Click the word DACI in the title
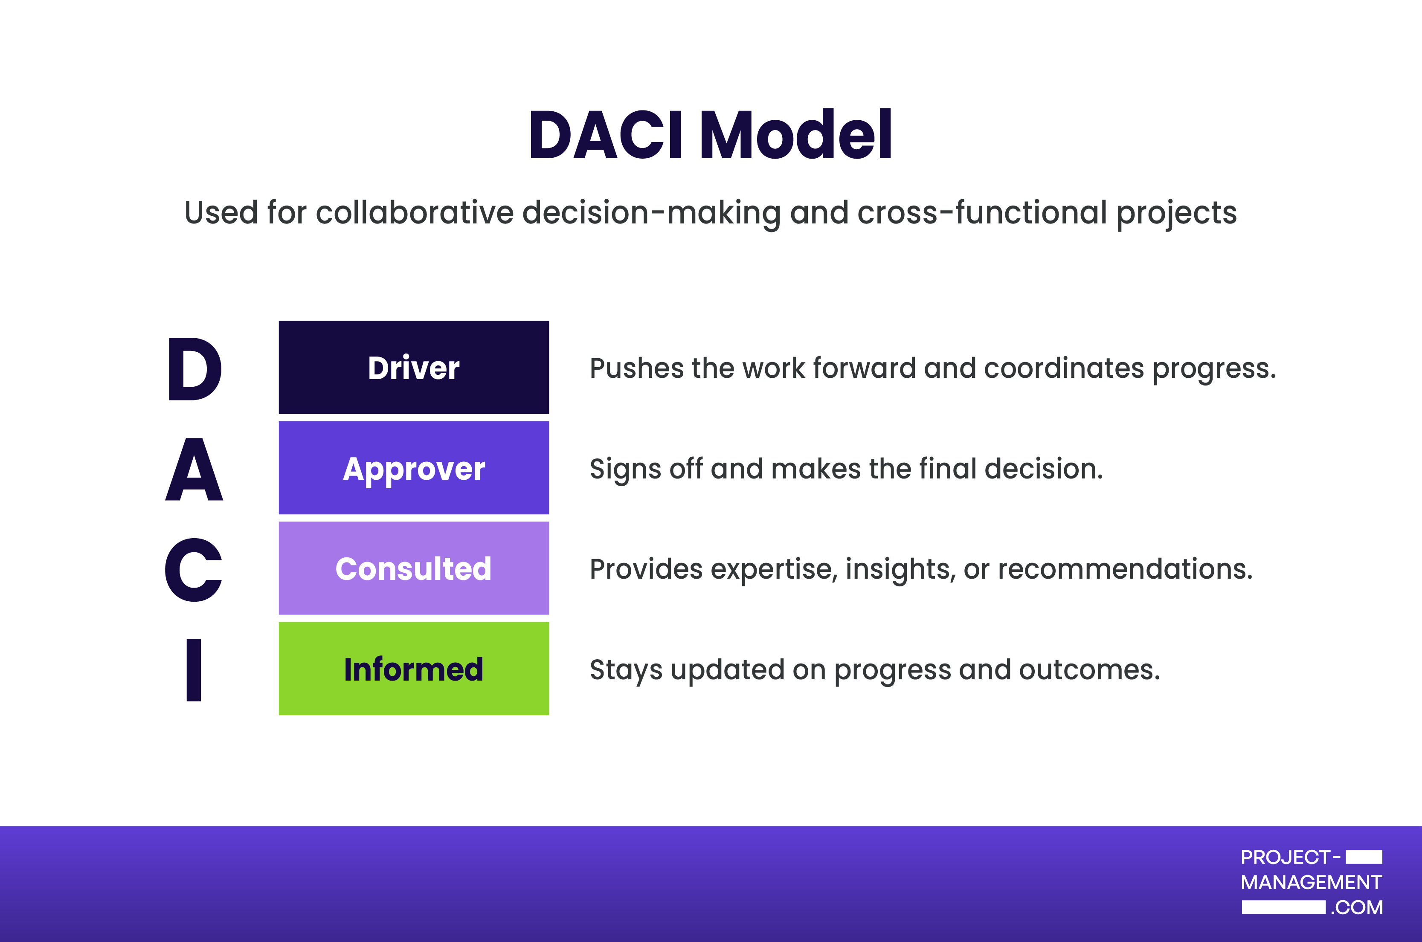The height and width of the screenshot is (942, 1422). pyautogui.click(x=606, y=135)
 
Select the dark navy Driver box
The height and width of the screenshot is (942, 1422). pyautogui.click(x=414, y=367)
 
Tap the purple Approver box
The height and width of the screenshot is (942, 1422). pyautogui.click(x=414, y=467)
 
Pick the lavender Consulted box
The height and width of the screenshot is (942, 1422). pyautogui.click(x=414, y=568)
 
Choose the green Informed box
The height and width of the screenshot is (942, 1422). pyautogui.click(x=414, y=669)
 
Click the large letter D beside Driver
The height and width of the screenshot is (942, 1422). pyautogui.click(x=194, y=368)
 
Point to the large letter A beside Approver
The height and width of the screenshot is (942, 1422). pyautogui.click(x=194, y=469)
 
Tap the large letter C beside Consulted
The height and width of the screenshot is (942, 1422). pyautogui.click(x=194, y=570)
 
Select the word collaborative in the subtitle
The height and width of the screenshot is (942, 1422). pyautogui.click(x=415, y=213)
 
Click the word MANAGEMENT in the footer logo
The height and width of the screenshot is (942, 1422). pyautogui.click(x=1312, y=882)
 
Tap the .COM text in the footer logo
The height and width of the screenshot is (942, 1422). pyautogui.click(x=1356, y=907)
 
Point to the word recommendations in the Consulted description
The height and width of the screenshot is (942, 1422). pyautogui.click(x=1125, y=569)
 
